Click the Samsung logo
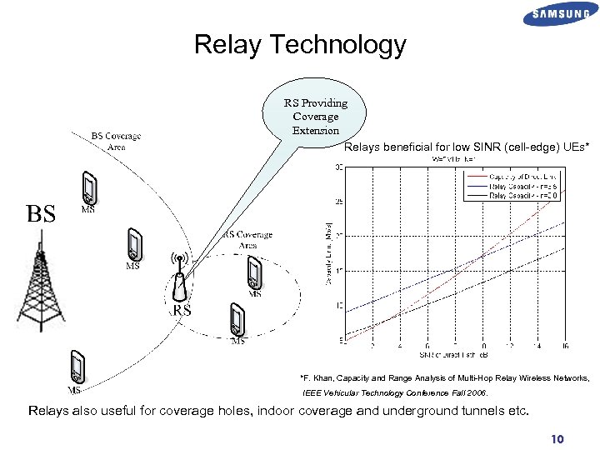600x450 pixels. click(560, 16)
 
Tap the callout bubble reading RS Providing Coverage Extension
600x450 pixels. click(315, 117)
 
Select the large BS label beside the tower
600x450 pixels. click(42, 214)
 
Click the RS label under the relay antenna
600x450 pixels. click(182, 311)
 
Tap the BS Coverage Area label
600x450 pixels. click(116, 142)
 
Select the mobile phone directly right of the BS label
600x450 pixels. click(88, 189)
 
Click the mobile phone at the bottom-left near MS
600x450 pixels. click(77, 367)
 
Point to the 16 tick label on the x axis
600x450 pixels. click(566, 346)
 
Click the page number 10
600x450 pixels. click(557, 439)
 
